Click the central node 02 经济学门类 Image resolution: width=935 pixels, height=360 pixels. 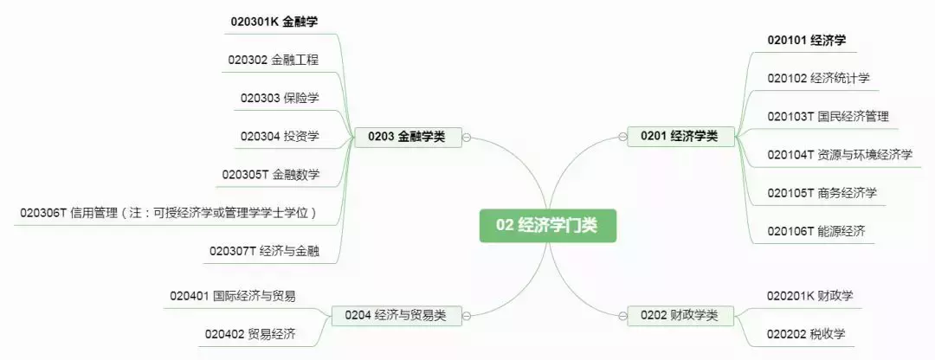point(546,225)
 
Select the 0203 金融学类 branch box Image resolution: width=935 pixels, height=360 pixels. point(407,136)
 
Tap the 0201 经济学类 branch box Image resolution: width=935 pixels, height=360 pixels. point(680,136)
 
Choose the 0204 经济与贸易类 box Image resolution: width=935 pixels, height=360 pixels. point(395,314)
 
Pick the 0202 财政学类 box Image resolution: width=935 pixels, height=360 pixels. point(680,314)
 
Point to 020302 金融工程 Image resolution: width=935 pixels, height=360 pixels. point(274,60)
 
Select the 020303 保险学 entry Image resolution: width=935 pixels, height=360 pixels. point(280,98)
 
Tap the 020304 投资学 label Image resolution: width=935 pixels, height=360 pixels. point(280,136)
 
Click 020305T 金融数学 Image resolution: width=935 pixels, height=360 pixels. point(270,174)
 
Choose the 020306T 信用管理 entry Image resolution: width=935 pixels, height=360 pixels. point(169,213)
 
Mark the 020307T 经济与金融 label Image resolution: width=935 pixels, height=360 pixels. point(264,251)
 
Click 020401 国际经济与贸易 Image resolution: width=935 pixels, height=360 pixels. point(233,296)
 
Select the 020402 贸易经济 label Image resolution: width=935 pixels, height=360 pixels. point(250,333)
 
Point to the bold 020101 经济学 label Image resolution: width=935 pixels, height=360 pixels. point(806,40)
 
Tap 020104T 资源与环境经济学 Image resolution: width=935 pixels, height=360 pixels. point(840,155)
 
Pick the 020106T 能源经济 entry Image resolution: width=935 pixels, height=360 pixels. point(816,231)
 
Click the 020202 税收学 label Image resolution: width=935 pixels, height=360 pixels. point(806,333)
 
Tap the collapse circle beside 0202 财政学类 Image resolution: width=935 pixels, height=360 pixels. point(621,314)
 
